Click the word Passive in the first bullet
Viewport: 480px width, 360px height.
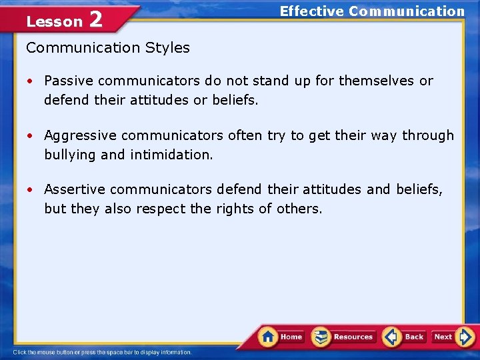click(x=69, y=81)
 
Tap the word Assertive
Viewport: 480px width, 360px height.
click(x=73, y=190)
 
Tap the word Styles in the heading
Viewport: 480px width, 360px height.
click(x=169, y=48)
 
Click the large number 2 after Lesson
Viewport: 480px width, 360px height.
click(x=95, y=19)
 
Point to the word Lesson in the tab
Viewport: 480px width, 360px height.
click(x=54, y=21)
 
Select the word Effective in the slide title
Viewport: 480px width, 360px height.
click(x=311, y=11)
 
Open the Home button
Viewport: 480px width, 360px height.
click(x=283, y=337)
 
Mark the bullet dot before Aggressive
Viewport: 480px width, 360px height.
click(x=31, y=136)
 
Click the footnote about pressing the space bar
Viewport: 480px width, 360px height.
click(x=102, y=352)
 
